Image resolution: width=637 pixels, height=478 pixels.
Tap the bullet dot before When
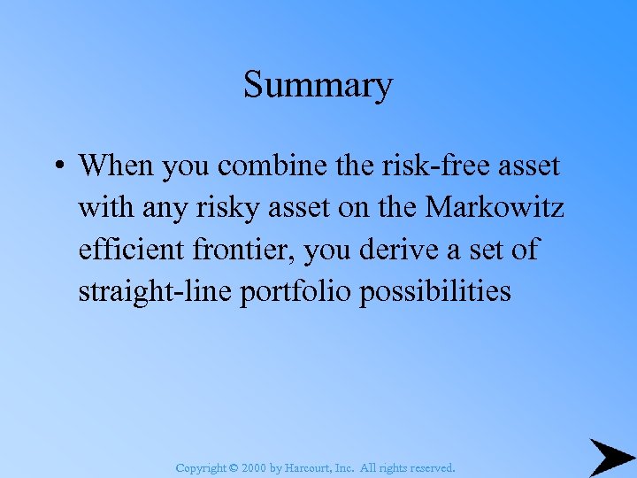pyautogui.click(x=58, y=166)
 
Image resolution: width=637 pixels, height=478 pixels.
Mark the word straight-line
pyautogui.click(x=156, y=292)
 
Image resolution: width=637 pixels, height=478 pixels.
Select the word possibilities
pyautogui.click(x=435, y=292)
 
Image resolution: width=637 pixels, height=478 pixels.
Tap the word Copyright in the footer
pyautogui.click(x=202, y=467)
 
